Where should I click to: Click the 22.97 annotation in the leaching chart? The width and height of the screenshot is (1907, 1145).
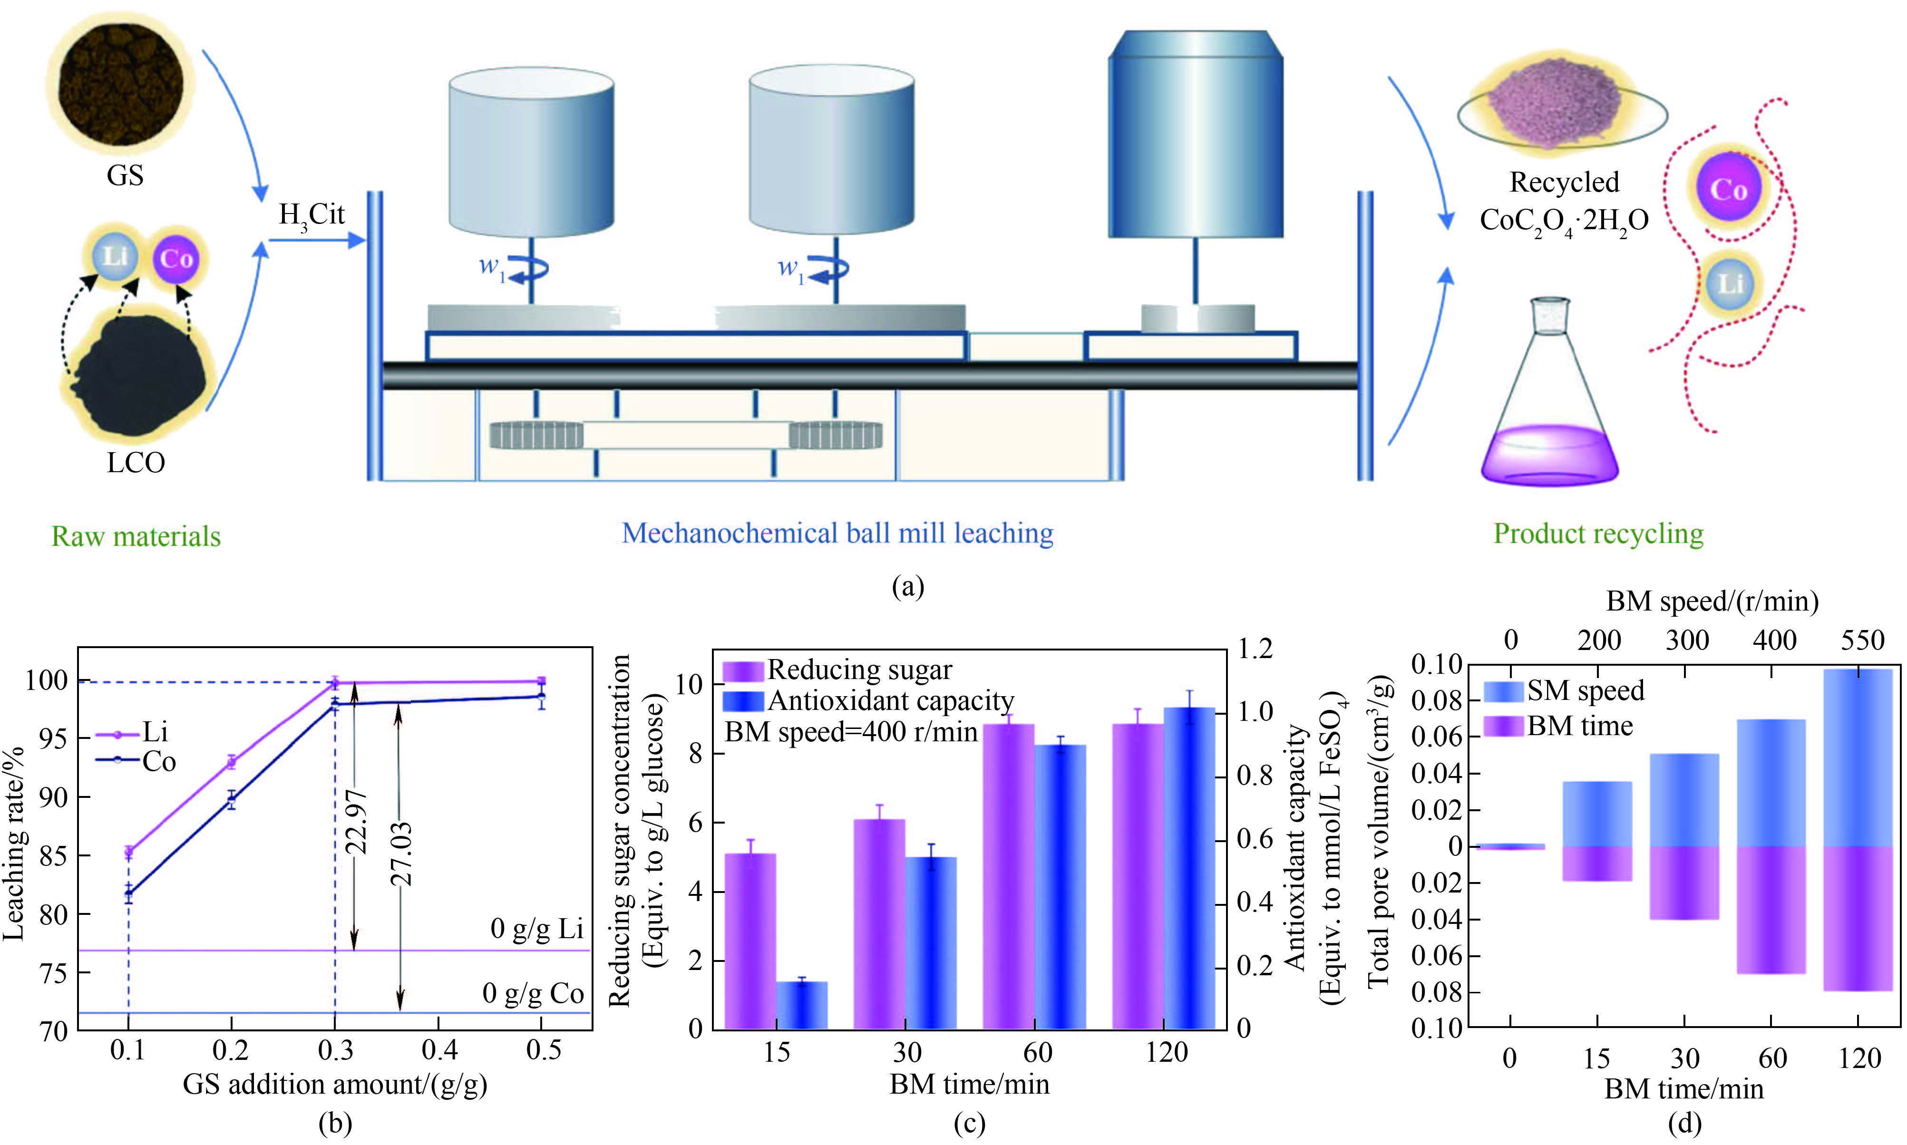pyautogui.click(x=356, y=822)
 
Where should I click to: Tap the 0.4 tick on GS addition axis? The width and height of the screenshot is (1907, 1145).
pyautogui.click(x=439, y=1050)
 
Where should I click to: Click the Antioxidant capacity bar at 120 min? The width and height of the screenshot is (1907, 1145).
pyautogui.click(x=1189, y=868)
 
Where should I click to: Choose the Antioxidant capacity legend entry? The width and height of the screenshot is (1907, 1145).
pyautogui.click(x=868, y=700)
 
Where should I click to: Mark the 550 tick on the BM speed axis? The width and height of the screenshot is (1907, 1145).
pyautogui.click(x=1862, y=640)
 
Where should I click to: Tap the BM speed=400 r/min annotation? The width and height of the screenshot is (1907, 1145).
pyautogui.click(x=851, y=731)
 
